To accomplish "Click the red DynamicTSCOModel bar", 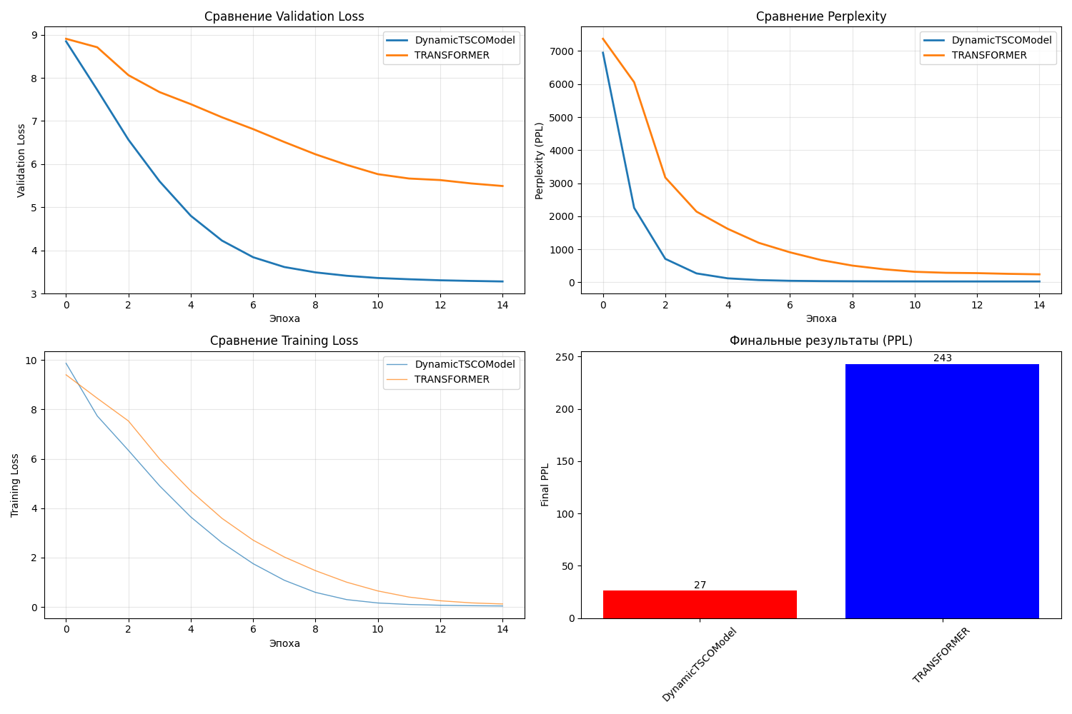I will (700, 604).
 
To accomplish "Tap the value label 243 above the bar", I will (942, 358).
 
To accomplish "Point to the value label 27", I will (700, 585).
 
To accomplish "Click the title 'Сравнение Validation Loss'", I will (284, 16).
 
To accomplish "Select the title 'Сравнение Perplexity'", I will (820, 16).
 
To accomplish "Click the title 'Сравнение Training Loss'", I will (284, 341).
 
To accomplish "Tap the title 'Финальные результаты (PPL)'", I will (820, 341).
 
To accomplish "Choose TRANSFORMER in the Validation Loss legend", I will (452, 56).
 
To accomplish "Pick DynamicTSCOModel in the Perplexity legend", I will (1001, 41).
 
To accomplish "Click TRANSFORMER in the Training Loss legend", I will (452, 380).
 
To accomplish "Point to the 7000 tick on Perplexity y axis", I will (560, 51).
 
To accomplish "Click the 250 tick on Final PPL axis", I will (565, 357).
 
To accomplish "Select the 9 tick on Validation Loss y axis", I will (34, 35).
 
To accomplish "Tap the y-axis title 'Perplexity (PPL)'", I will (540, 161).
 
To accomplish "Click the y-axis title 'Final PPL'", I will (545, 485).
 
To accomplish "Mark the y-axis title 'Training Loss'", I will (15, 485).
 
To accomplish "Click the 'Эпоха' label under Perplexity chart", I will (820, 318).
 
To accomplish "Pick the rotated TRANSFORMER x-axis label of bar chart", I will (942, 655).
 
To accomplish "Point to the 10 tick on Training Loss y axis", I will (30, 361).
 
